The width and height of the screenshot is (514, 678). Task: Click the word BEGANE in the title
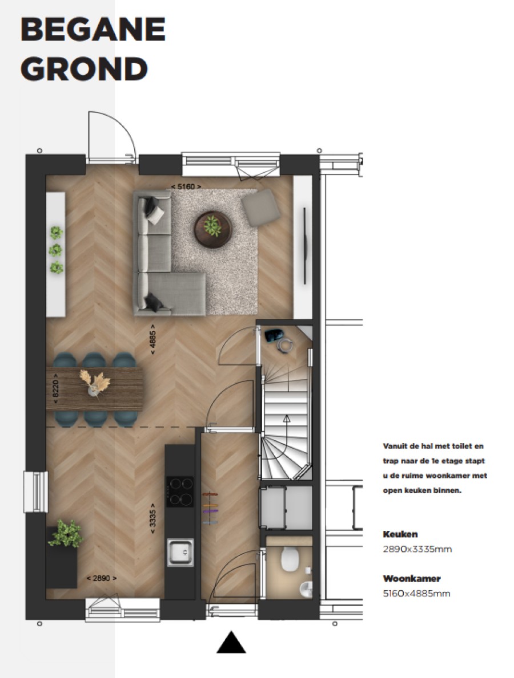[93, 30]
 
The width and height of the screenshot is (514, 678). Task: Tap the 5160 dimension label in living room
[186, 186]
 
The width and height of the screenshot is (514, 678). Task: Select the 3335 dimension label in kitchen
[153, 517]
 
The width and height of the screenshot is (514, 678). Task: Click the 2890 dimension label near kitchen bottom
[101, 578]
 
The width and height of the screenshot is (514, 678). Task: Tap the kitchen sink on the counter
[179, 552]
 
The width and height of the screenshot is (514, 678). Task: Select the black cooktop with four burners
[179, 491]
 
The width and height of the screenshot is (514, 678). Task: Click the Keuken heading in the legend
[400, 534]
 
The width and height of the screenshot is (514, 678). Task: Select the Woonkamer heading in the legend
[412, 579]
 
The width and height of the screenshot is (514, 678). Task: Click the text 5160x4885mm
[417, 594]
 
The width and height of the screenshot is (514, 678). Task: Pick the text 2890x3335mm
[417, 549]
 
